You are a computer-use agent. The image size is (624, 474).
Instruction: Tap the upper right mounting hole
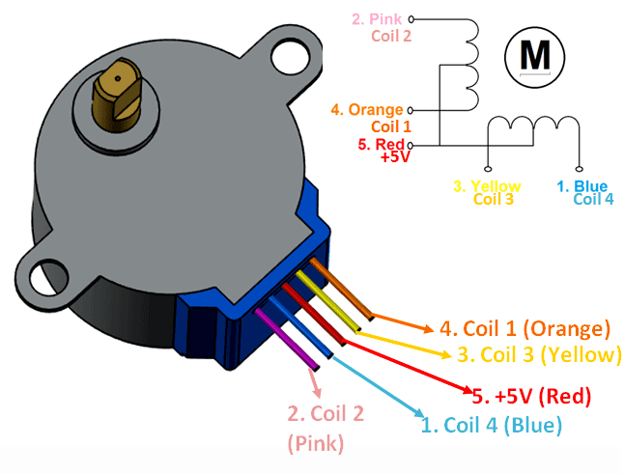(286, 59)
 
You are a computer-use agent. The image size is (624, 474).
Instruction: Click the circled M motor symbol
(534, 55)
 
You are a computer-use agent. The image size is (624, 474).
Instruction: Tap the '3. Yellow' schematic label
(488, 185)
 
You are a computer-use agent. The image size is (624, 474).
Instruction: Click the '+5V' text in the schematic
(395, 156)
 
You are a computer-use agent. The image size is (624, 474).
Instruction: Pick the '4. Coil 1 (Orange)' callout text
(525, 328)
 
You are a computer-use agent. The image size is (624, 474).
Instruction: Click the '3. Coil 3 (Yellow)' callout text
(538, 354)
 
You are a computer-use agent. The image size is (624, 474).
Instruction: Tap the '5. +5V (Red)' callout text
(531, 396)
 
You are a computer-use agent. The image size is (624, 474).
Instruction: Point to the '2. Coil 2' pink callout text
(325, 415)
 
